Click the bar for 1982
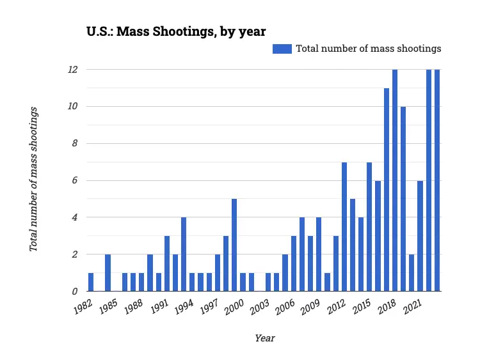pyautogui.click(x=91, y=282)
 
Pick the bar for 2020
pyautogui.click(x=412, y=272)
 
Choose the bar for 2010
pyautogui.click(x=327, y=282)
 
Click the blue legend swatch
pyautogui.click(x=282, y=49)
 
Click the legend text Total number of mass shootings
pyautogui.click(x=368, y=49)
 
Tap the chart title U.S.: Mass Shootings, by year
pyautogui.click(x=176, y=31)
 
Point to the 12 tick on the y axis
pyautogui.click(x=73, y=69)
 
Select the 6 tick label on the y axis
pyautogui.click(x=74, y=180)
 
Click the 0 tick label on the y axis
pyautogui.click(x=74, y=292)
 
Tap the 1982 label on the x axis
pyautogui.click(x=83, y=306)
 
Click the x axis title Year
pyautogui.click(x=265, y=338)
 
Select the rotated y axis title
pyautogui.click(x=34, y=180)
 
